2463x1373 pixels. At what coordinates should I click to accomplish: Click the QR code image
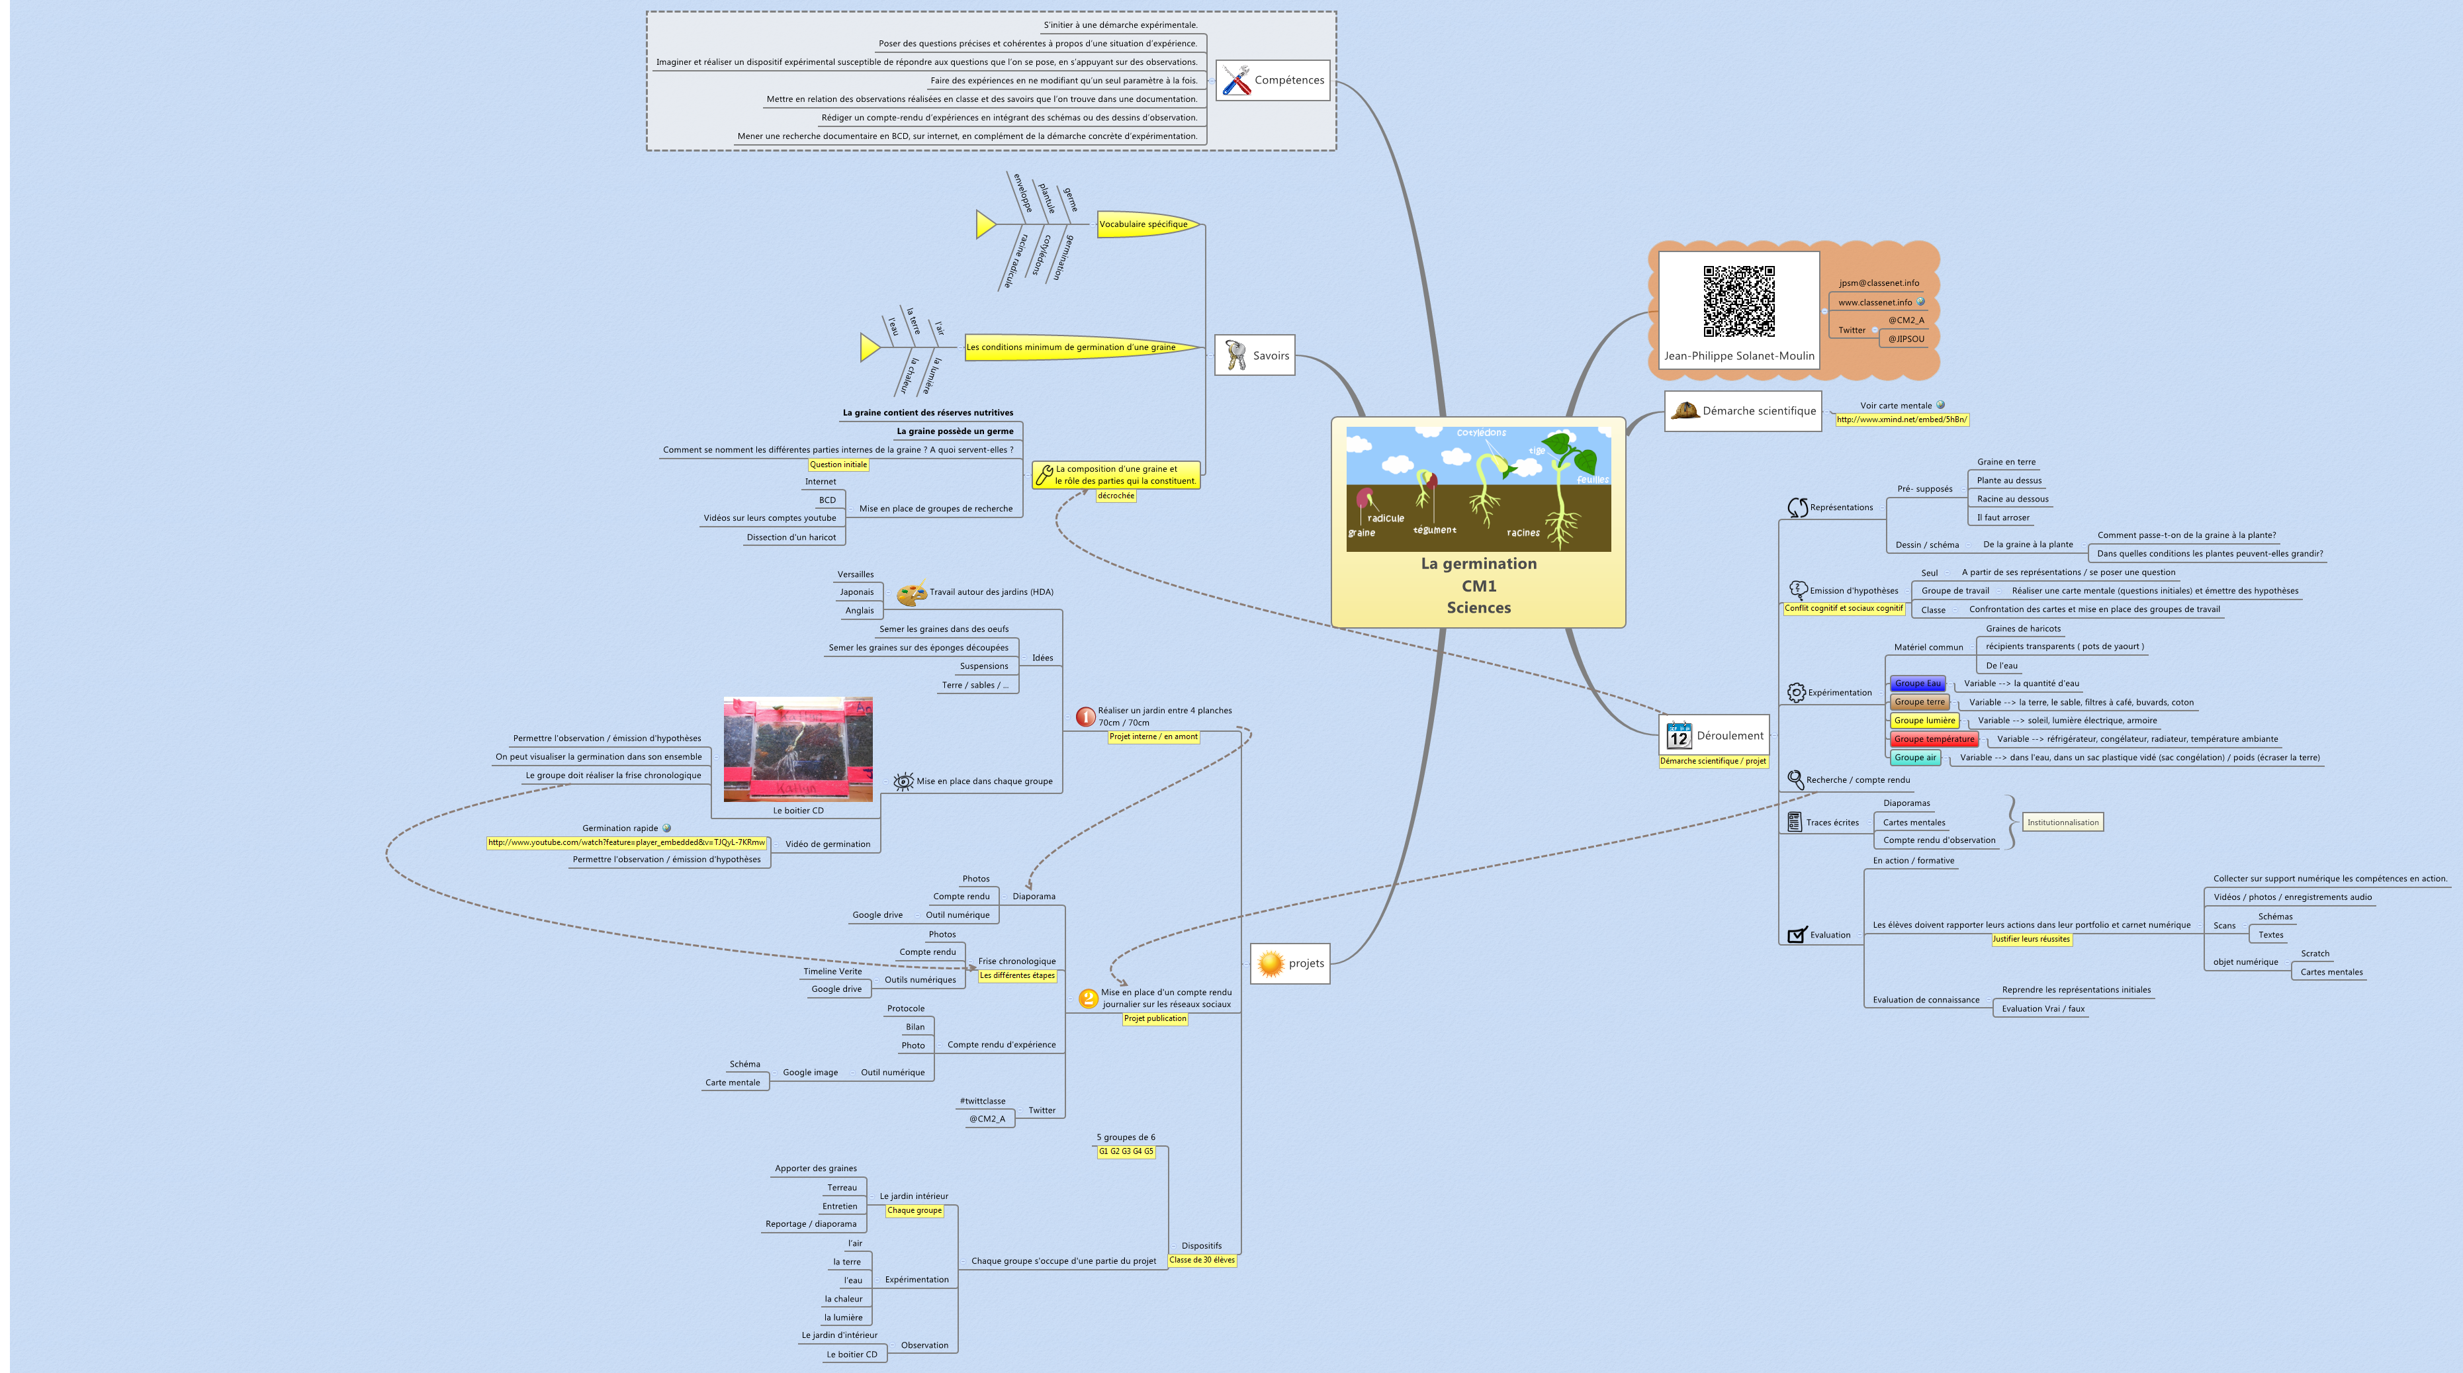click(x=1738, y=301)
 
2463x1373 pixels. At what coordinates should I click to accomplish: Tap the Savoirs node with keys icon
click(x=1255, y=356)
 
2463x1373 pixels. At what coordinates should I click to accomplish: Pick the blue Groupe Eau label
click(x=1917, y=684)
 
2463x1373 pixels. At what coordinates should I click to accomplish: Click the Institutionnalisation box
click(x=2063, y=822)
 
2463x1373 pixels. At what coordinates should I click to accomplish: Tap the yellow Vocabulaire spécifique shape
click(x=1145, y=225)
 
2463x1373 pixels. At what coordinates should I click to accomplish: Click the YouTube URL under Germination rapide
click(x=626, y=842)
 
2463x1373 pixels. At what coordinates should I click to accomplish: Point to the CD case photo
click(x=797, y=750)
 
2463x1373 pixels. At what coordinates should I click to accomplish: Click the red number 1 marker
click(x=1085, y=716)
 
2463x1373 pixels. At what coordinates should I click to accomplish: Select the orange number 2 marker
click(x=1087, y=998)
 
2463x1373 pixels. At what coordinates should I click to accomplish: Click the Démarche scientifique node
click(x=1742, y=411)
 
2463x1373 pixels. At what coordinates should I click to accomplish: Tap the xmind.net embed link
click(x=1901, y=420)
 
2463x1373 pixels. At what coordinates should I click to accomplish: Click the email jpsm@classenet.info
click(x=1878, y=283)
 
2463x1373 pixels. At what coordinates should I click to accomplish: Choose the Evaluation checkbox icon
click(x=1797, y=935)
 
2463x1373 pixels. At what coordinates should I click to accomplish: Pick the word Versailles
click(x=855, y=574)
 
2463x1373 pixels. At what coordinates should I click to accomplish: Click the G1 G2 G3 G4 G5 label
click(x=1126, y=1151)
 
